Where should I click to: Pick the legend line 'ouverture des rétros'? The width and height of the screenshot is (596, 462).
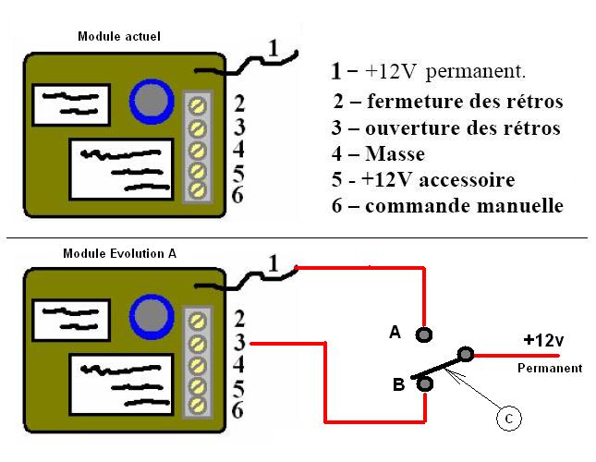coord(446,128)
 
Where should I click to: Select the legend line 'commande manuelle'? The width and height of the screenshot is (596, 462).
coord(448,206)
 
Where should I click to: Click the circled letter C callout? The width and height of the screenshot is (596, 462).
coord(507,419)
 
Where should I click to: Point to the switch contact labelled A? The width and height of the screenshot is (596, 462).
coord(424,334)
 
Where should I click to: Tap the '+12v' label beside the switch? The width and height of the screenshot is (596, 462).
coord(542,340)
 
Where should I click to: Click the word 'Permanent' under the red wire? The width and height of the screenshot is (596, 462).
coord(549,368)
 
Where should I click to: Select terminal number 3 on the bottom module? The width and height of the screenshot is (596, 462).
coord(238,343)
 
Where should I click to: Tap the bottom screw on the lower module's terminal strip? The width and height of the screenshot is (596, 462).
coord(197,405)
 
